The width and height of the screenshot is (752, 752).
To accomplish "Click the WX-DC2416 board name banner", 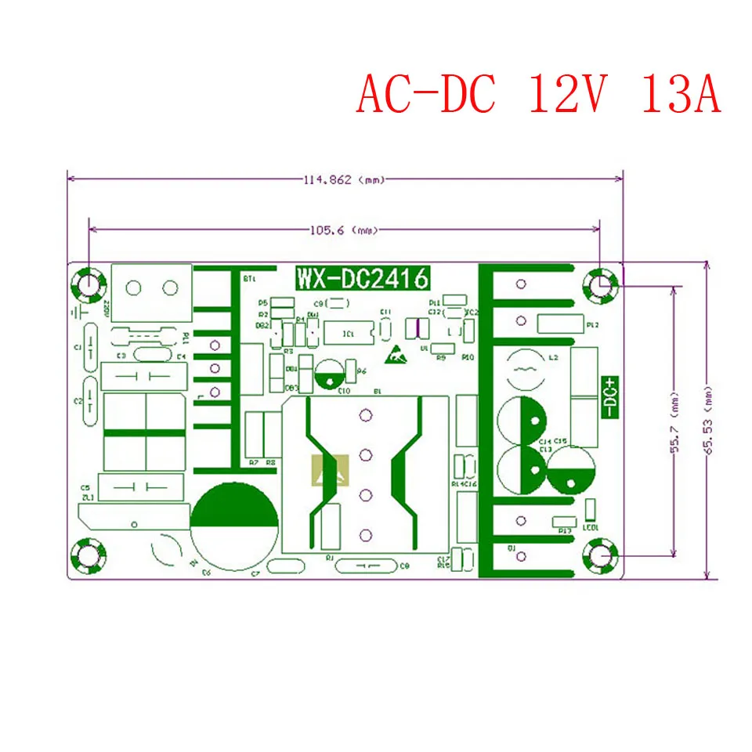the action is click(x=361, y=278).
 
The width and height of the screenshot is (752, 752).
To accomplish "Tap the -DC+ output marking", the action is click(x=610, y=396).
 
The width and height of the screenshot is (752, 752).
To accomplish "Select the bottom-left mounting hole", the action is click(x=88, y=557).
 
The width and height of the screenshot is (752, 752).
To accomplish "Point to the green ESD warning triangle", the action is click(x=397, y=356).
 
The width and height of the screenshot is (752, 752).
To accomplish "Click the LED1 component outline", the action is click(x=590, y=509).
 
